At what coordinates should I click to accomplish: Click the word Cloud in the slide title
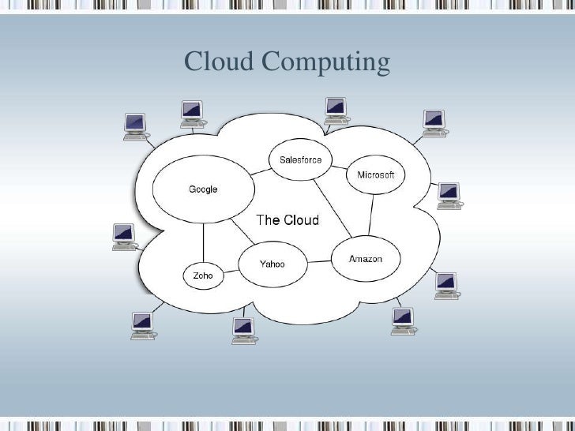218,61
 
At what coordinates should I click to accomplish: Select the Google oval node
203,189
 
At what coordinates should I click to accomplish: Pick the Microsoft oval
375,174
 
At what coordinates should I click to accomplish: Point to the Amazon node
366,259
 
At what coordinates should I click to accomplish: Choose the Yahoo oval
272,264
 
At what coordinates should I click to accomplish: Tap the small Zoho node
203,276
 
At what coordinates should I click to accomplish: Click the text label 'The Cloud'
287,219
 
